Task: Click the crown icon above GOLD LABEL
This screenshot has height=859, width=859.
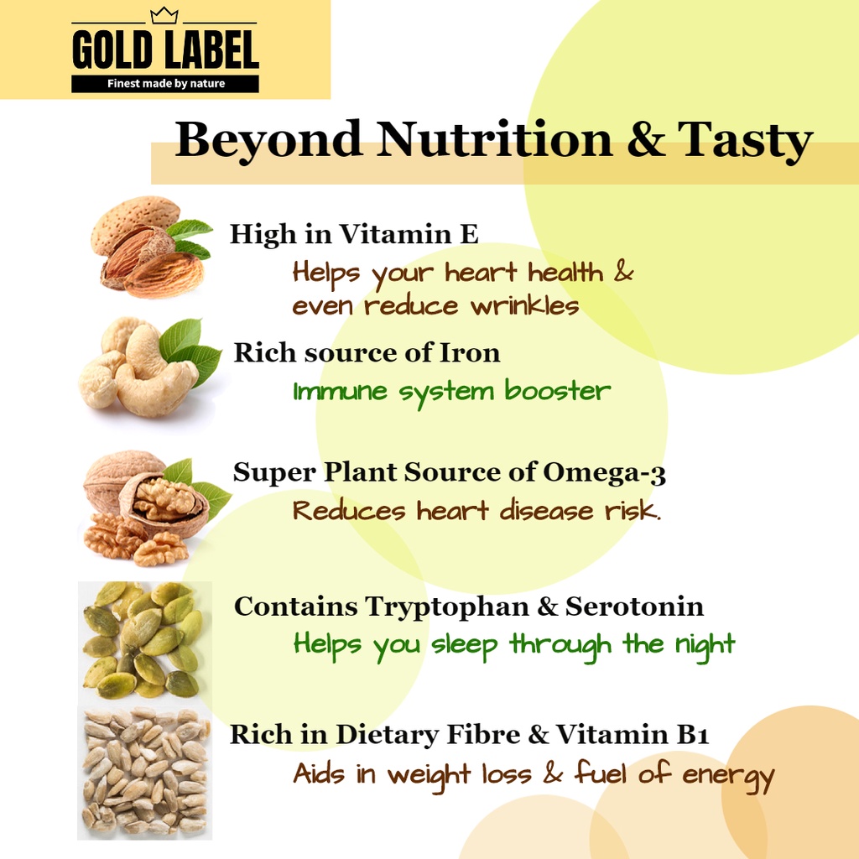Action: click(164, 15)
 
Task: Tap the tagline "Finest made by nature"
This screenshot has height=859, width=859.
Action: click(165, 84)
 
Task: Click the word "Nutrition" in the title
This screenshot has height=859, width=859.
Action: click(494, 139)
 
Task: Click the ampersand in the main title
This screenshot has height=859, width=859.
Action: click(645, 139)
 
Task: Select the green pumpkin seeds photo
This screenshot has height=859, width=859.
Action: click(143, 640)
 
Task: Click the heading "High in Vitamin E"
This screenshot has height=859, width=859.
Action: click(354, 234)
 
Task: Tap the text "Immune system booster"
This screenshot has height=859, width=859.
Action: click(451, 392)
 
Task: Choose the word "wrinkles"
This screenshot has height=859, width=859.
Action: click(525, 306)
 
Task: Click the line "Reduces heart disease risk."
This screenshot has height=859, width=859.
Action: click(476, 511)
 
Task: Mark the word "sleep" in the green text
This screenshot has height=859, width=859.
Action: click(465, 646)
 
